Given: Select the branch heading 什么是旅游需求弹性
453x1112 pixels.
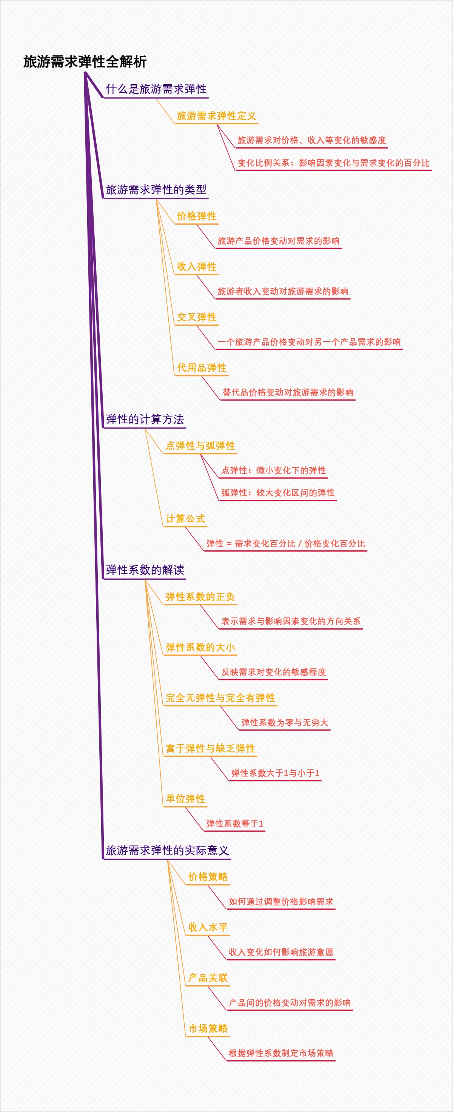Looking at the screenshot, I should [x=156, y=89].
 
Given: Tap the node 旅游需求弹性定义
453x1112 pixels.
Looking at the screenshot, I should [x=216, y=116].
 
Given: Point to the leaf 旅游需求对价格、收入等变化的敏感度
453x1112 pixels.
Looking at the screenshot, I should [x=311, y=140].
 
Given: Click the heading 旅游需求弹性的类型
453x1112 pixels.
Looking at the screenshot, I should [x=156, y=190].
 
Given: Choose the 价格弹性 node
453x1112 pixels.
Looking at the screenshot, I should [x=196, y=216].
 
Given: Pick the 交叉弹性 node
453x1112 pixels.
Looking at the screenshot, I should [x=196, y=317].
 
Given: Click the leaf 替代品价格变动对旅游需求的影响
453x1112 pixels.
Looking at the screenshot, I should [x=288, y=392].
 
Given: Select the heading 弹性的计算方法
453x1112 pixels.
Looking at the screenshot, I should [x=145, y=419].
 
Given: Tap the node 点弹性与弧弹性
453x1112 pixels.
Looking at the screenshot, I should [x=200, y=446].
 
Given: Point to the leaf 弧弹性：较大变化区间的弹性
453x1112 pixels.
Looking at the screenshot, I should [x=278, y=493].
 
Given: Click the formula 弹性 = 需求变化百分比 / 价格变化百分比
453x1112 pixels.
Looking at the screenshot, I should [x=285, y=544].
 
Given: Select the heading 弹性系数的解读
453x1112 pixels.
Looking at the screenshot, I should [x=145, y=570].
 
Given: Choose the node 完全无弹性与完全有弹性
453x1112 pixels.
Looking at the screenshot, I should [x=220, y=698].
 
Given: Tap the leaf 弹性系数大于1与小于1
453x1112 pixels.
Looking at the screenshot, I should [x=275, y=773].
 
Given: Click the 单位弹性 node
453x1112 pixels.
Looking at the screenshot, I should [x=185, y=799].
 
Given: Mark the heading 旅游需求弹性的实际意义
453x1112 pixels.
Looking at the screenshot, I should [x=167, y=850].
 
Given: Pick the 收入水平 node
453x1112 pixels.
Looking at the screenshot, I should [x=208, y=927].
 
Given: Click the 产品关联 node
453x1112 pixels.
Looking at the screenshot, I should [x=208, y=978].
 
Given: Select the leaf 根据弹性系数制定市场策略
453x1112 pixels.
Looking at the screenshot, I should [x=281, y=1053].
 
